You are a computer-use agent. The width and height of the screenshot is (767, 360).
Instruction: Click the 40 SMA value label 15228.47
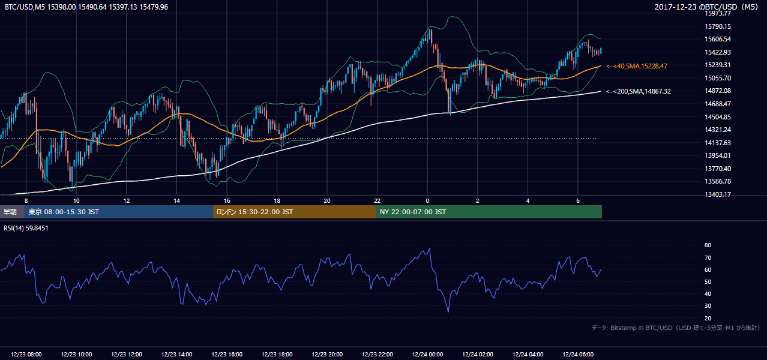coord(637,66)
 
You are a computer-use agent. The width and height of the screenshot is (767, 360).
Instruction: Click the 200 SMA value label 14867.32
coord(638,91)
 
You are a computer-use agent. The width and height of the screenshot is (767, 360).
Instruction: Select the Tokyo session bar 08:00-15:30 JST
coord(119,212)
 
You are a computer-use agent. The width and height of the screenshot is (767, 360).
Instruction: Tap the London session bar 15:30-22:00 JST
coord(295,212)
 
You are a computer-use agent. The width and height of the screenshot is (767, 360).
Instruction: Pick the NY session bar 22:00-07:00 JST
coord(489,212)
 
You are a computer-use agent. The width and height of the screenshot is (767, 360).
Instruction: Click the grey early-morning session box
coord(13,212)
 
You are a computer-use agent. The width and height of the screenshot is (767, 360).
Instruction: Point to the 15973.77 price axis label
coord(718,13)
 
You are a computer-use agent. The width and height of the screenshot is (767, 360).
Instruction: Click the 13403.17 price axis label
coord(718,194)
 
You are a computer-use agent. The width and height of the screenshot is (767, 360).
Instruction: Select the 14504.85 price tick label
coord(718,117)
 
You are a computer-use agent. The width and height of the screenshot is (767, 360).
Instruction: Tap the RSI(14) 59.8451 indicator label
coord(26,228)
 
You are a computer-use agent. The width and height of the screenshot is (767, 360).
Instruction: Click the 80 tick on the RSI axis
coord(708,245)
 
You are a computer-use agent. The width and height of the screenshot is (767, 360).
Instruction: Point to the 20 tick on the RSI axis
coord(708,318)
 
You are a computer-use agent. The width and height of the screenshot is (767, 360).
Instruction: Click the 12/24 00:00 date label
coord(427,355)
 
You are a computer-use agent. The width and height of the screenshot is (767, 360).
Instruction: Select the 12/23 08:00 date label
coord(26,355)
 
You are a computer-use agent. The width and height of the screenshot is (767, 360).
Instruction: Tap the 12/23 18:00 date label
coord(277,355)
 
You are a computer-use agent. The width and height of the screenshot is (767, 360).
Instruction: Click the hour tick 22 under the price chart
coord(377,201)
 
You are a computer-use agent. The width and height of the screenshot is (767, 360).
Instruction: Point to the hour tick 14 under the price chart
coord(176,201)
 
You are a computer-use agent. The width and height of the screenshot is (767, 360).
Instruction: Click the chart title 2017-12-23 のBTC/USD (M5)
coord(706,7)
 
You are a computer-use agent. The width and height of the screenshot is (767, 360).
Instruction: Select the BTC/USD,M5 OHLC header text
coord(86,7)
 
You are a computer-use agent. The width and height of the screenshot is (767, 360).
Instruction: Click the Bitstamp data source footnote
coord(676,328)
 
